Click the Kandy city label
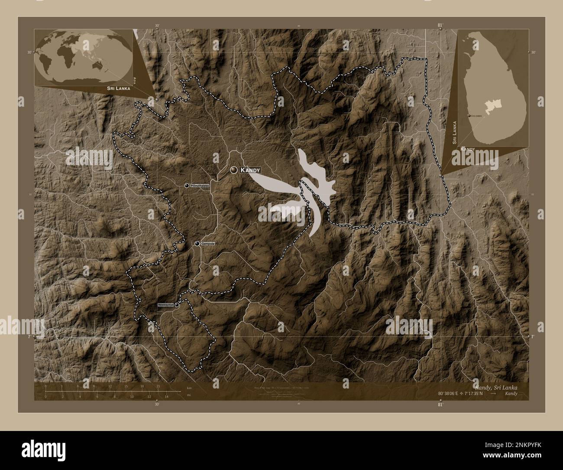(x=250, y=170)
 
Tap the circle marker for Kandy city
(x=234, y=170)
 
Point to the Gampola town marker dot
(x=197, y=244)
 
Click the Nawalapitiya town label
(x=165, y=305)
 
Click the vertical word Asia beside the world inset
(x=136, y=80)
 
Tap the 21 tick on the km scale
(x=158, y=386)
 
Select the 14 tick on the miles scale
(x=166, y=396)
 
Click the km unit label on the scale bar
(x=189, y=388)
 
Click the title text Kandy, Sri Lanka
(x=495, y=387)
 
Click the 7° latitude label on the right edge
(x=532, y=336)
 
